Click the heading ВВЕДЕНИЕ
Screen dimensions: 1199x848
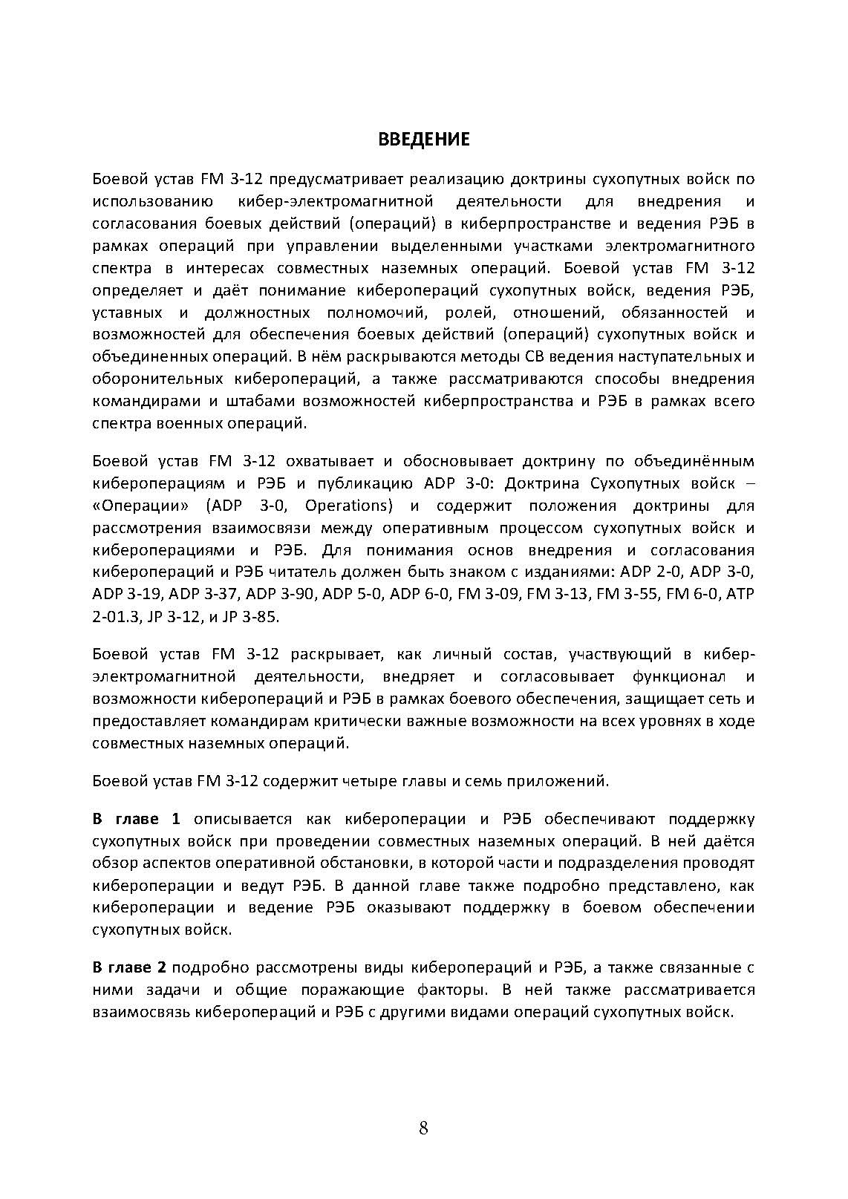point(423,139)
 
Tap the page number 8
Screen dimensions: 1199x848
point(423,1129)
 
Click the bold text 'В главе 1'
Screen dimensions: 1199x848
point(136,819)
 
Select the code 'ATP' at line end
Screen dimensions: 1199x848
point(740,595)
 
